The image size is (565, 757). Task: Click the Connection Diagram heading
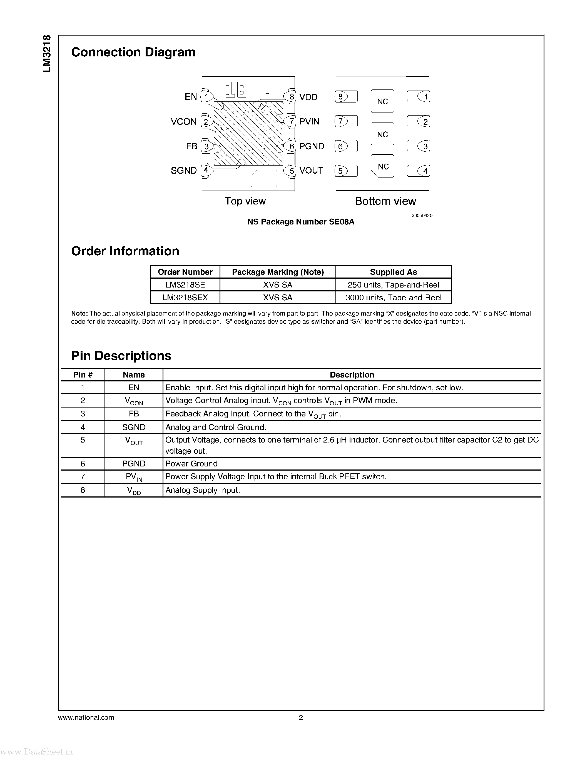[x=133, y=52]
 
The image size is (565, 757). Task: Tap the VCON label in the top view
[x=184, y=122]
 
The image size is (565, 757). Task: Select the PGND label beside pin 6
[x=312, y=146]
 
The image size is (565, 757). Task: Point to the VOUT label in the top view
[x=311, y=170]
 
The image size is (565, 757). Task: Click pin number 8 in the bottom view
[x=340, y=97]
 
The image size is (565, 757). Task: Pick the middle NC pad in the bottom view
[x=382, y=134]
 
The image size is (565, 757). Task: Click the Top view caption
[x=245, y=201]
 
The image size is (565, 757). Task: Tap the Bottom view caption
[x=385, y=201]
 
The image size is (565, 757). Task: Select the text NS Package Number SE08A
[x=301, y=222]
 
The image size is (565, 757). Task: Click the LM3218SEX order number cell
[x=185, y=298]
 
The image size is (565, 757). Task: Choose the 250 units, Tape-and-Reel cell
[x=393, y=285]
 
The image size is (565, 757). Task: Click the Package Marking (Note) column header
[x=278, y=272]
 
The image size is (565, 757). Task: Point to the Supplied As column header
[x=393, y=272]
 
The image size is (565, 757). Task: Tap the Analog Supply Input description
[x=203, y=490]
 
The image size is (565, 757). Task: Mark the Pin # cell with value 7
[x=83, y=477]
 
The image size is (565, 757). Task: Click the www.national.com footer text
[x=86, y=717]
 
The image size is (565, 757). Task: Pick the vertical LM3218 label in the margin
[x=47, y=54]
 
